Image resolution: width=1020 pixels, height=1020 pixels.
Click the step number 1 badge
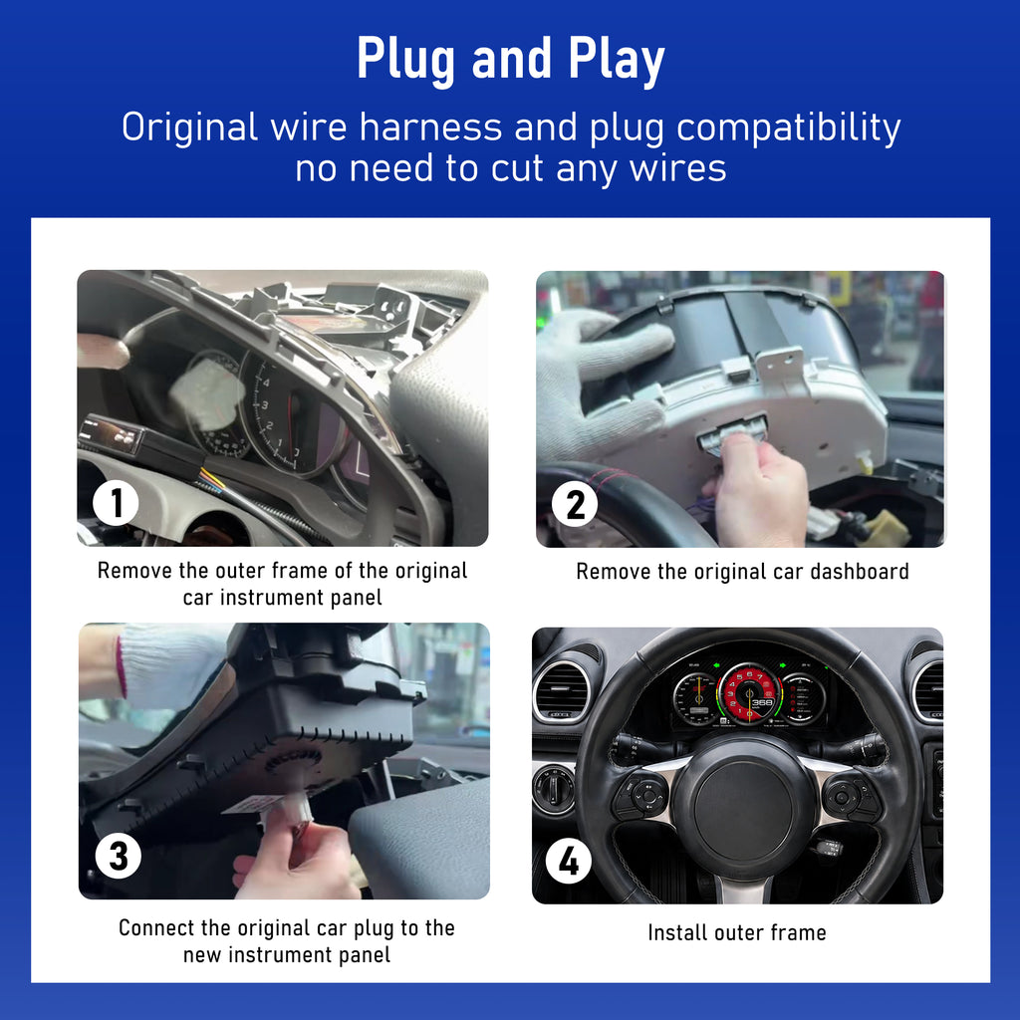pyautogui.click(x=116, y=502)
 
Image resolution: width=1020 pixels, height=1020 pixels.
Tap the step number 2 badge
pyautogui.click(x=575, y=504)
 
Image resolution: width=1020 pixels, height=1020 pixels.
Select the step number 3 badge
pyautogui.click(x=119, y=856)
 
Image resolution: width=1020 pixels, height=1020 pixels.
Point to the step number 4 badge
pyautogui.click(x=569, y=862)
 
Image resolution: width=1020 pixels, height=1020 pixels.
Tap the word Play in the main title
pyautogui.click(x=617, y=61)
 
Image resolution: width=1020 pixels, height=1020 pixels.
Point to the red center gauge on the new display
pyautogui.click(x=749, y=694)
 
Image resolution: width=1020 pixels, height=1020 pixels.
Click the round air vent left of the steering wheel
pyautogui.click(x=560, y=691)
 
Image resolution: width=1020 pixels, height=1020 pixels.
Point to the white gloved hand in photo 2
pyautogui.click(x=599, y=383)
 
